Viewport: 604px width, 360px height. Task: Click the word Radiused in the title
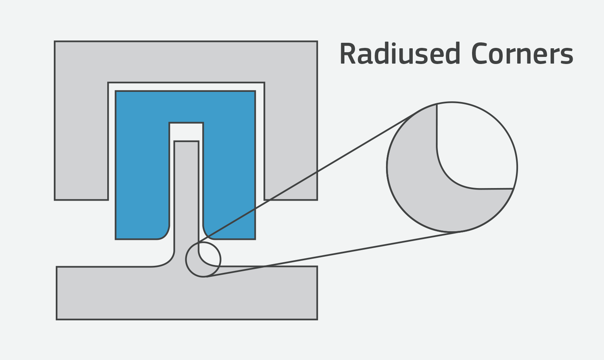pyautogui.click(x=400, y=53)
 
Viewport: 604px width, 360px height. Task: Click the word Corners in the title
pyautogui.click(x=523, y=53)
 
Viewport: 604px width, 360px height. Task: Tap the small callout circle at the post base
pyautogui.click(x=186, y=259)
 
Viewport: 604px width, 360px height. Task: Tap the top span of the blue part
pyautogui.click(x=185, y=107)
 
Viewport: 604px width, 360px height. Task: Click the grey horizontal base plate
pyautogui.click(x=187, y=293)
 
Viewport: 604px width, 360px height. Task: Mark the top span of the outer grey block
pyautogui.click(x=186, y=62)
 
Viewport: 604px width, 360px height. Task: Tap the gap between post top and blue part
pyautogui.click(x=186, y=132)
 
